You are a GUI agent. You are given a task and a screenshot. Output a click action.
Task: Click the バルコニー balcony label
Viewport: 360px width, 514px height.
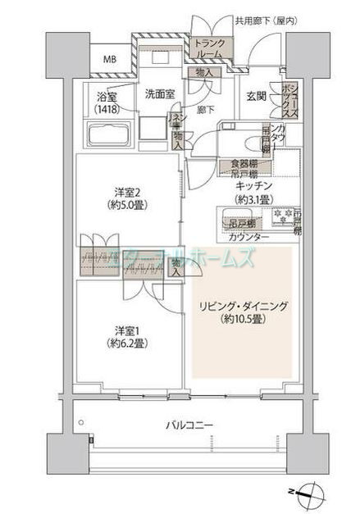click(x=189, y=425)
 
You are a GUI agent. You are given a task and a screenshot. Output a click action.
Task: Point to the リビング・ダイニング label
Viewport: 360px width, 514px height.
click(x=243, y=306)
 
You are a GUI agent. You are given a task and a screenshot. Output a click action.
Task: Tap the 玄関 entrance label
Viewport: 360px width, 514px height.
click(x=256, y=95)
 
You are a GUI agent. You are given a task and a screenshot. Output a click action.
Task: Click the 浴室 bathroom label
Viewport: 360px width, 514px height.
click(x=104, y=96)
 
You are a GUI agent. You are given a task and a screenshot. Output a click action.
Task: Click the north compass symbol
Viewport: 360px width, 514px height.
click(x=308, y=493)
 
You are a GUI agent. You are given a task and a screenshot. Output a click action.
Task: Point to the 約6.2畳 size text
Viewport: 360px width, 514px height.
click(x=128, y=343)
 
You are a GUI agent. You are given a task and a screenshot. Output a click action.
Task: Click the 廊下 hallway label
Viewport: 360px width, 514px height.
click(x=207, y=109)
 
